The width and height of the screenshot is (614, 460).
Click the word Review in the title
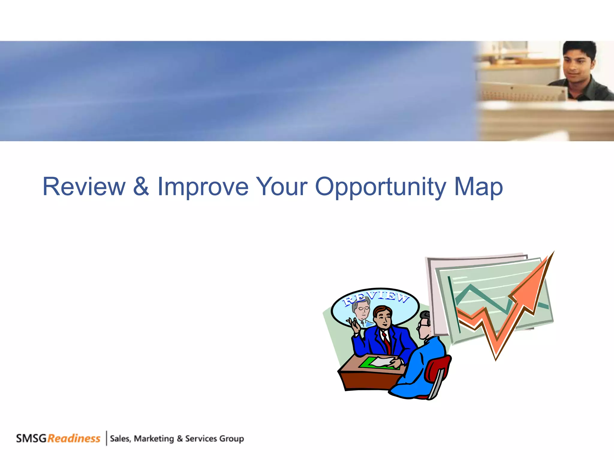(x=84, y=187)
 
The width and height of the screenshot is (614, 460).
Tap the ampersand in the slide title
(x=141, y=187)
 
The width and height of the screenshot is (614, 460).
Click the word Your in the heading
(x=282, y=187)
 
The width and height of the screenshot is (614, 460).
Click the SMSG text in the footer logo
(x=31, y=438)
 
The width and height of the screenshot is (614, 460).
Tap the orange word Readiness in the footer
(x=74, y=438)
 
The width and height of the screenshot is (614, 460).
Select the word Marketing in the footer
(x=154, y=439)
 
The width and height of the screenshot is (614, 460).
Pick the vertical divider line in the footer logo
(x=106, y=438)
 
